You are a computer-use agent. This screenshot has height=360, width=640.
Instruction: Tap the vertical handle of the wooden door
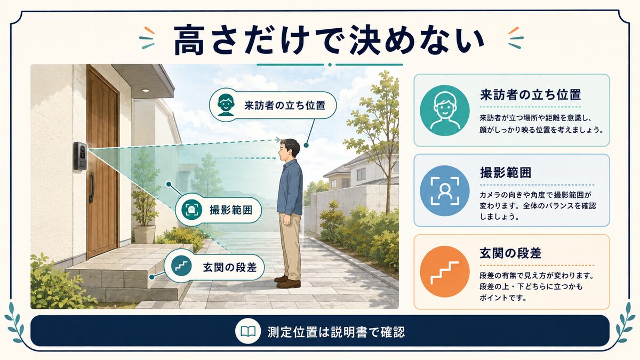point(91,187)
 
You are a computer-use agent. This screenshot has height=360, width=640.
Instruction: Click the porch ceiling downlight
point(146,91)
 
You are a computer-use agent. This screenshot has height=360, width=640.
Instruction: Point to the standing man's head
point(289,150)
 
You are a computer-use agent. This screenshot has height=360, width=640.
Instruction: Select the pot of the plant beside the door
point(145,234)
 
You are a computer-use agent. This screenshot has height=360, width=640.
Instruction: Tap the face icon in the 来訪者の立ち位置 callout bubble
point(226,105)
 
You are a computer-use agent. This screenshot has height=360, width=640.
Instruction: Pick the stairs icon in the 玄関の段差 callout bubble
point(181,266)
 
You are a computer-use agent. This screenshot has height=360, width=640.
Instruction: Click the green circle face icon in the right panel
point(445,110)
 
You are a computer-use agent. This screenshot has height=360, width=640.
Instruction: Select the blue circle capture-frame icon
point(445,190)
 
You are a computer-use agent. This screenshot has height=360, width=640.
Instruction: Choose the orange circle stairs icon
point(445,271)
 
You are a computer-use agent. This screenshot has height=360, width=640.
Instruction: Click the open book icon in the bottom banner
point(247,331)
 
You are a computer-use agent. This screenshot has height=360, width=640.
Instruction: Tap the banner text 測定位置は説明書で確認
point(336,331)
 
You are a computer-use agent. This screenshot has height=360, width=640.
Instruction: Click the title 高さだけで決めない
point(329,41)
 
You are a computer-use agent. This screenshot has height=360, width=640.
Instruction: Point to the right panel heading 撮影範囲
point(506,173)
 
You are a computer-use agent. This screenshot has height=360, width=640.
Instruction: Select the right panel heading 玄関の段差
point(510,253)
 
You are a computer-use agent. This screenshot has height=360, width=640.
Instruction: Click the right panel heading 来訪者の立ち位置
point(530,94)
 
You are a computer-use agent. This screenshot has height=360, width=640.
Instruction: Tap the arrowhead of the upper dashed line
point(277,140)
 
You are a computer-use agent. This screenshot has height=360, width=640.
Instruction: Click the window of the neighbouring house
point(361,174)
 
